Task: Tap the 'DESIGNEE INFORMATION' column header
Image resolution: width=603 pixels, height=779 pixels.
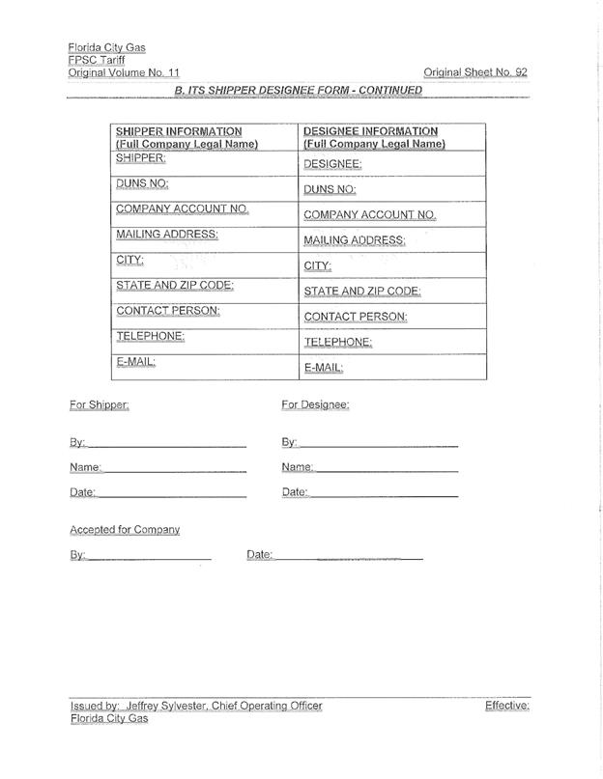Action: (x=371, y=131)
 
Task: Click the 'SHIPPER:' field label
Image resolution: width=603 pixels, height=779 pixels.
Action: (x=141, y=157)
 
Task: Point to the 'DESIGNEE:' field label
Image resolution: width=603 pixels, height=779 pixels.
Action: (x=333, y=164)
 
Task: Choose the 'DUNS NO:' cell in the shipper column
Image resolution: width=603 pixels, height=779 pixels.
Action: (x=143, y=182)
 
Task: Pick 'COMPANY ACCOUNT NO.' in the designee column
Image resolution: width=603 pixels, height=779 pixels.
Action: (x=370, y=215)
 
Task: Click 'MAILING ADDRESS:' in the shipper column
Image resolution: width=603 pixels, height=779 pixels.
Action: (x=167, y=234)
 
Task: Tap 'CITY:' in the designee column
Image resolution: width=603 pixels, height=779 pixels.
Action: (x=318, y=265)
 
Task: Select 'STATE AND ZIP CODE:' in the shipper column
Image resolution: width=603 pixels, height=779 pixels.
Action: (x=175, y=285)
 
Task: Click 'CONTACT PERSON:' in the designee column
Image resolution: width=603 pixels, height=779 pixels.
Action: (x=356, y=317)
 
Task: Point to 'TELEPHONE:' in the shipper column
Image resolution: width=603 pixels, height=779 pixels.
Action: (x=151, y=336)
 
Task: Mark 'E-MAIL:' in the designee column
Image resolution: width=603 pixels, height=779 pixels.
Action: (x=324, y=368)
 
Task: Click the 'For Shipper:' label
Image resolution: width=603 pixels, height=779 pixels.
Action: (x=100, y=404)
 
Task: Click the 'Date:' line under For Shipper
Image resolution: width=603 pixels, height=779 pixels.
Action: (x=172, y=493)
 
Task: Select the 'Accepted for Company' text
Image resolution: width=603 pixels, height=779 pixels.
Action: (x=125, y=530)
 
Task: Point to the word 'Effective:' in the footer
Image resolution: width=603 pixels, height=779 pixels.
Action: (x=507, y=706)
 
